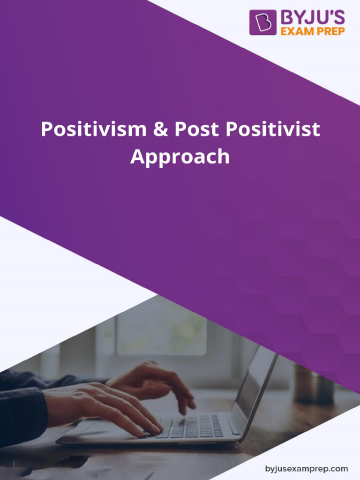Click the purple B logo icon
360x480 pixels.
pos(262,22)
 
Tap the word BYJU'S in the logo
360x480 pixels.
pos(313,18)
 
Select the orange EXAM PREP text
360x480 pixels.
pos(313,31)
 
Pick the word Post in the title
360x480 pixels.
pos(197,129)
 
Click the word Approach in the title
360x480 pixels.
pos(180,157)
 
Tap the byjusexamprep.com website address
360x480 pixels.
pos(307,468)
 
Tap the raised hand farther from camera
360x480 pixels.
pos(150,380)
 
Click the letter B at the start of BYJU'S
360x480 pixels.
pos(286,18)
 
